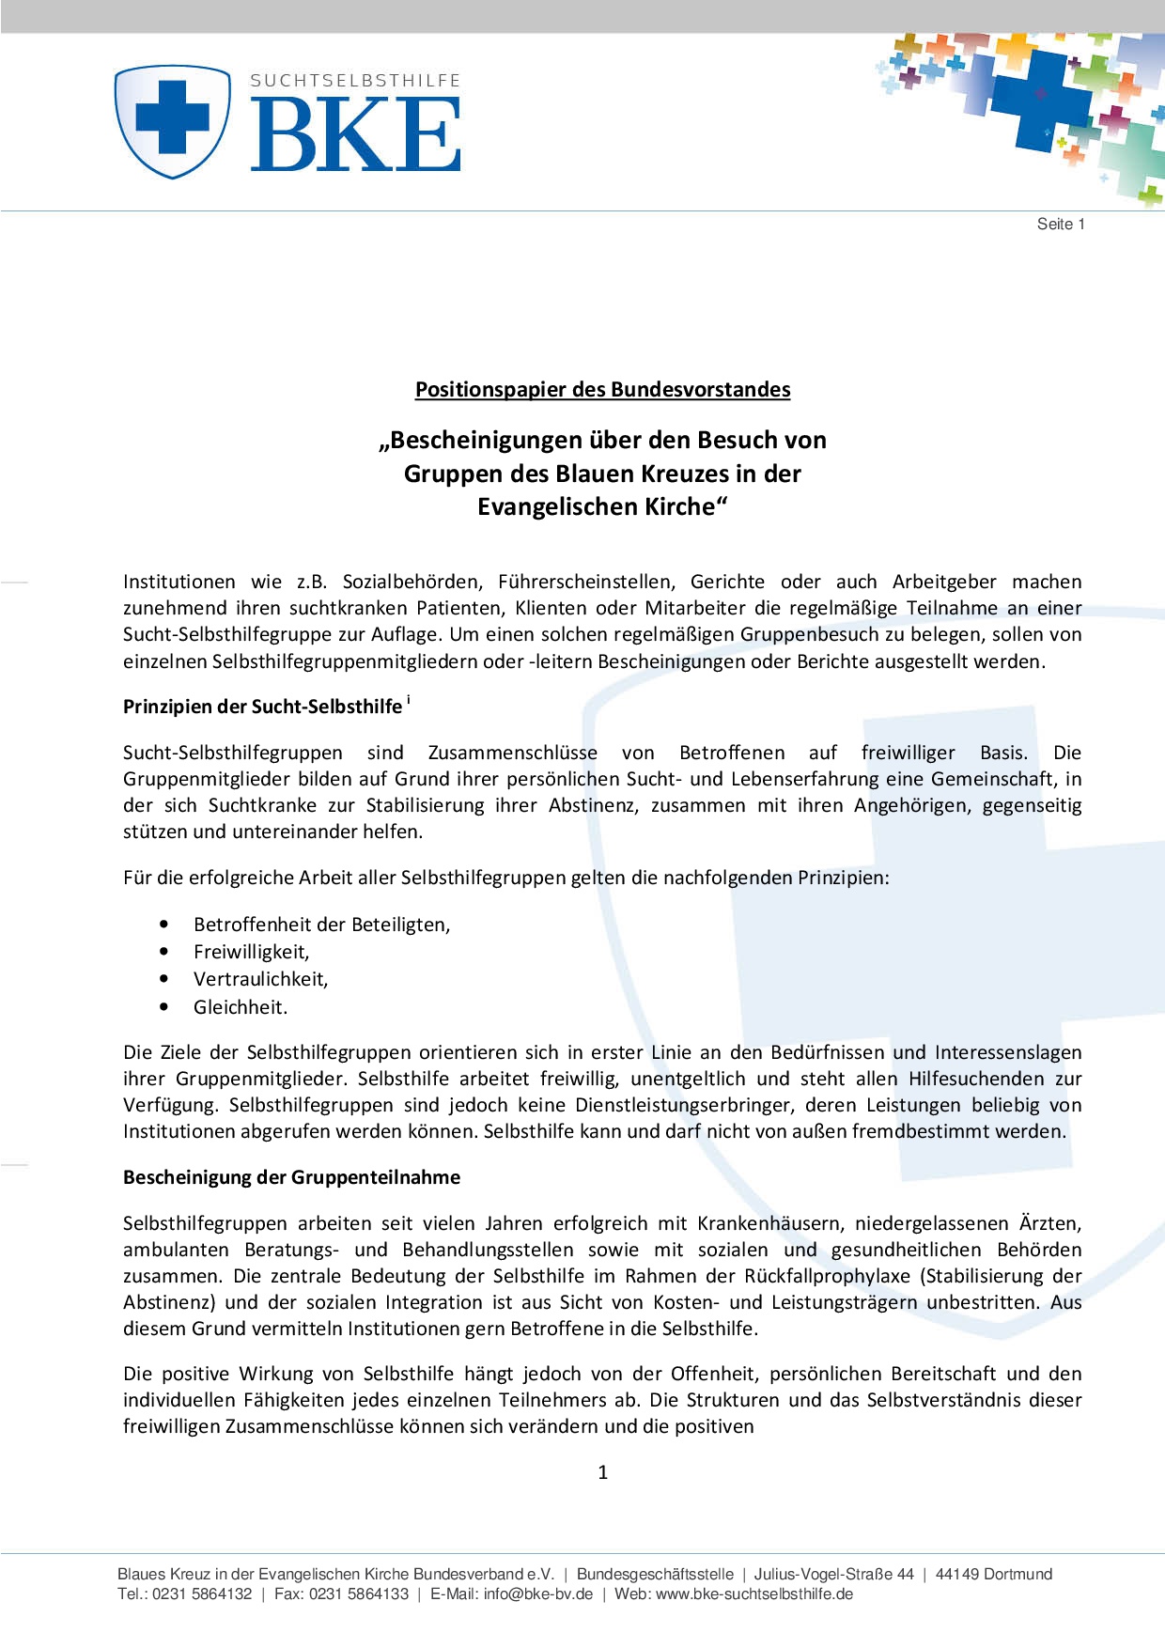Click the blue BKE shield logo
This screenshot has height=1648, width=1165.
172,121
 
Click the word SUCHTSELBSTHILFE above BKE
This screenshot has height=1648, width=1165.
355,81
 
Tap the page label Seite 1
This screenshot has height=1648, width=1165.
1061,224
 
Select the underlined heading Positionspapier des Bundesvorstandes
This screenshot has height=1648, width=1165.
602,390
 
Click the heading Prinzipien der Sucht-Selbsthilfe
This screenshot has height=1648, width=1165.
262,707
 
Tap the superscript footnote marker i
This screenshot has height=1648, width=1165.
409,700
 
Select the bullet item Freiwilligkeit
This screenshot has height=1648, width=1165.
251,952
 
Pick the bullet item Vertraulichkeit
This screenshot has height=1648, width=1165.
260,979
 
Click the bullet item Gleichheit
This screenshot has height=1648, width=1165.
240,1007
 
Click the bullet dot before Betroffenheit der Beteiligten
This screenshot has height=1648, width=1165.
164,925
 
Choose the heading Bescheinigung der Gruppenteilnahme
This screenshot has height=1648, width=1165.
291,1177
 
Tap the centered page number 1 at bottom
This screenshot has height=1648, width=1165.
602,1472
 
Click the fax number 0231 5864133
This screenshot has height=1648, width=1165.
358,1594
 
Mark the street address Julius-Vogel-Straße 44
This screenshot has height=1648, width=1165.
833,1574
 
